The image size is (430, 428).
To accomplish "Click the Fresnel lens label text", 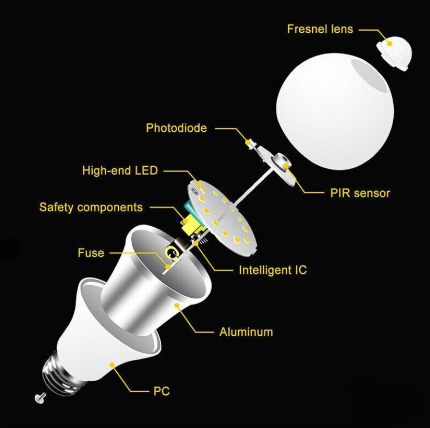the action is coord(320,29).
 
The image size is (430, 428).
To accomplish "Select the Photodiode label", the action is coord(176,128).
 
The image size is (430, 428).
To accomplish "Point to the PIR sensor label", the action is coord(360,193).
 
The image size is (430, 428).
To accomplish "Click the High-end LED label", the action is coord(120,170).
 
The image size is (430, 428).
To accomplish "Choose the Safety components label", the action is coord(91,207).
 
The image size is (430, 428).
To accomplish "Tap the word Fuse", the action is coord(91,253).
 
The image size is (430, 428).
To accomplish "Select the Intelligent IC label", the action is coord(273,270).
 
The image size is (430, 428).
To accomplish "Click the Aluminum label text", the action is coord(246,332).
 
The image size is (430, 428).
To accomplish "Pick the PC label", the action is coord(161,391).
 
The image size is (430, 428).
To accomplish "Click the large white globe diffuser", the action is coord(335,112).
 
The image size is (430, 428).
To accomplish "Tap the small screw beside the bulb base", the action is coord(40,398).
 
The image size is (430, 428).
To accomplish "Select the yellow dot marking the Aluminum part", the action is coord(177,305).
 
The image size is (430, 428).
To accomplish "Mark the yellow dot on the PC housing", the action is coord(112,364).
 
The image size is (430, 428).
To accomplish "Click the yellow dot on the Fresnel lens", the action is coord(389,43).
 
